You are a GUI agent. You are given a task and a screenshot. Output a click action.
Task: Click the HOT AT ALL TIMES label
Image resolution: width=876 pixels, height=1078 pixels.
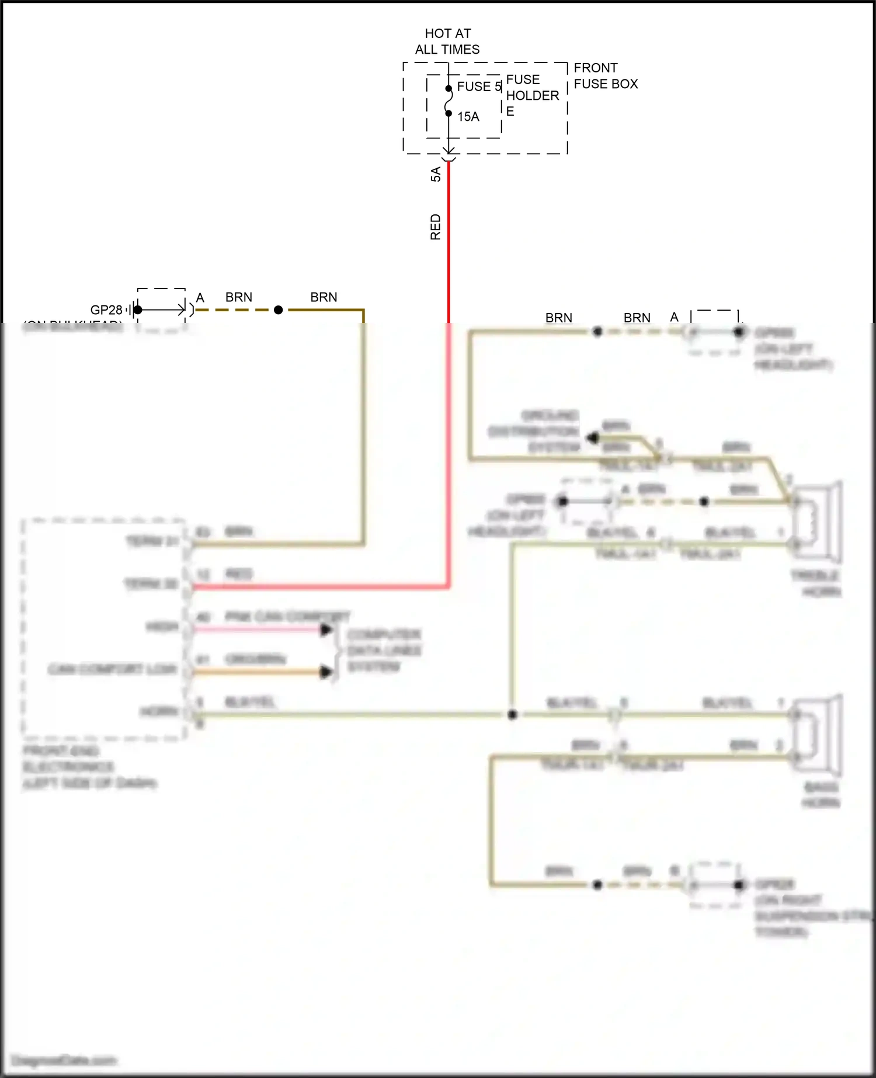447,41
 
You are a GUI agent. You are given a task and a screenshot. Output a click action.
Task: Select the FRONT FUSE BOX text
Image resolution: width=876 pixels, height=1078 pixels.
605,76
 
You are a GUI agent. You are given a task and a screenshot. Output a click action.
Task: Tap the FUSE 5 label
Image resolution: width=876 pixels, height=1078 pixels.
479,86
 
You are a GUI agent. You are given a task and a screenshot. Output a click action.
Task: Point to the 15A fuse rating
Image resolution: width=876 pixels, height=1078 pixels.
468,117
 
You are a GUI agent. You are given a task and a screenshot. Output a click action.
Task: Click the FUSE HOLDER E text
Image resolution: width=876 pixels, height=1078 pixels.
531,95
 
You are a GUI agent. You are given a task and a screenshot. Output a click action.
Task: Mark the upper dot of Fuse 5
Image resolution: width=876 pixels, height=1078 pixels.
449,89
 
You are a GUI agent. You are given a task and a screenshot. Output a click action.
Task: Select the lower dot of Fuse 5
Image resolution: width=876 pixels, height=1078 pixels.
449,113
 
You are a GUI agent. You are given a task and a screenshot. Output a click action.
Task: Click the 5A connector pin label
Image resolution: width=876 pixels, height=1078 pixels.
436,174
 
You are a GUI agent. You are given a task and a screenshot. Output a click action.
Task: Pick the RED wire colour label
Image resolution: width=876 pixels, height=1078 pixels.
436,227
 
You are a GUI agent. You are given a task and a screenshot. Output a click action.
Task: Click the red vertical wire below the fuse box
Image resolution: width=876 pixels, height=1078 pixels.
449,245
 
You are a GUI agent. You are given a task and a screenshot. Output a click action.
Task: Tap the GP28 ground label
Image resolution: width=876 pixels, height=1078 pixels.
106,310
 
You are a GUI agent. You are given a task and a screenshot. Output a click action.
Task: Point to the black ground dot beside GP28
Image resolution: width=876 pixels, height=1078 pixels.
138,310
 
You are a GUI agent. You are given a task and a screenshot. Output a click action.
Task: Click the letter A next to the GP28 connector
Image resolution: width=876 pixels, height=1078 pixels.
200,298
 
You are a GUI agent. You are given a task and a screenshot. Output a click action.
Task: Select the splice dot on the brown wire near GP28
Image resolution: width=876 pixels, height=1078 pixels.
279,310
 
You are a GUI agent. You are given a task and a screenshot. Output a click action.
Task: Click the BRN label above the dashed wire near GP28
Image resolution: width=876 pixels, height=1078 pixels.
239,297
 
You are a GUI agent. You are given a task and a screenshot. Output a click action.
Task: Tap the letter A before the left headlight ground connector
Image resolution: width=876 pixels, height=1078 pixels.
674,317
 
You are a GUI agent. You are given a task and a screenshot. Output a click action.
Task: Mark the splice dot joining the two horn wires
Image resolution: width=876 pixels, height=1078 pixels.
512,715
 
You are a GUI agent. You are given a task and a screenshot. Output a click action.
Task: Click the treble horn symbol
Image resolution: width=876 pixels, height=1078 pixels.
818,520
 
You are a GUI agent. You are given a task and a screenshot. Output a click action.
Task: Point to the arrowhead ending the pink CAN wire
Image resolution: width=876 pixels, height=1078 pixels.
326,630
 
